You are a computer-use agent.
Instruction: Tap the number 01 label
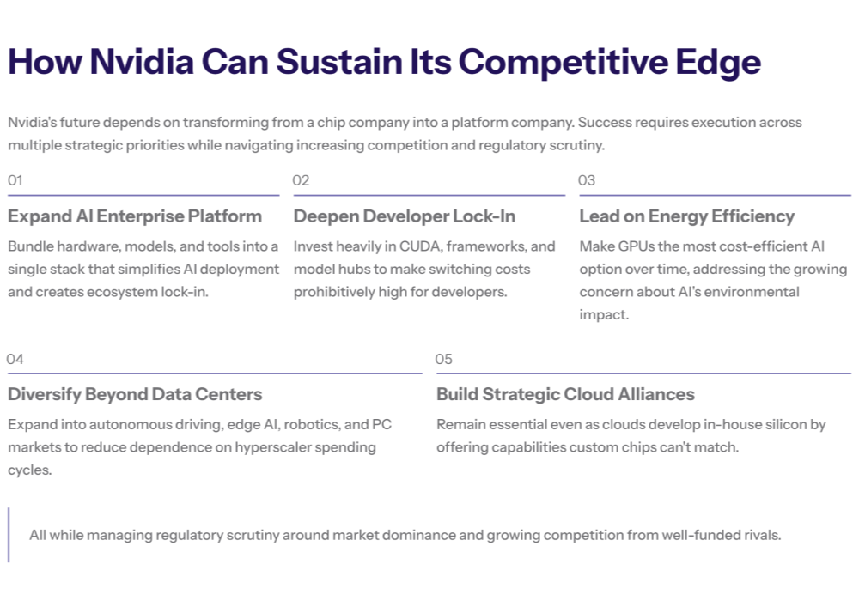(x=15, y=180)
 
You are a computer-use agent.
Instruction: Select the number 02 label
(x=301, y=180)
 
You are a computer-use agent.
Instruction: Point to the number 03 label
(x=587, y=180)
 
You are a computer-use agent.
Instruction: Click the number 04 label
(x=15, y=359)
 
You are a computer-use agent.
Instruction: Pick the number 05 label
(x=443, y=359)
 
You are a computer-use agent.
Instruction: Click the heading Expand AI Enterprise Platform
(x=135, y=216)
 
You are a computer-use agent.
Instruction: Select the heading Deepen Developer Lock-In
(x=405, y=216)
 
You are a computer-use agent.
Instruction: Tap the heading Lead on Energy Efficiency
(x=686, y=216)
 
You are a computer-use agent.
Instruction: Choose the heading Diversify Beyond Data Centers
(x=135, y=395)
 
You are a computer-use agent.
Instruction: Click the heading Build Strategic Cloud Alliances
(x=565, y=395)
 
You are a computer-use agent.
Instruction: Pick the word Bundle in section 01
(x=29, y=246)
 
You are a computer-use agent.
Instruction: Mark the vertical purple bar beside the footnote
(x=9, y=535)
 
